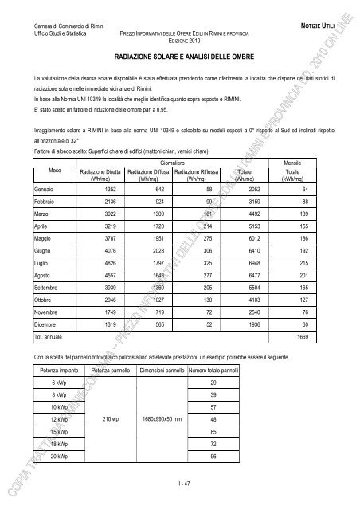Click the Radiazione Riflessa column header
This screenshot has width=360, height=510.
coord(198,175)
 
